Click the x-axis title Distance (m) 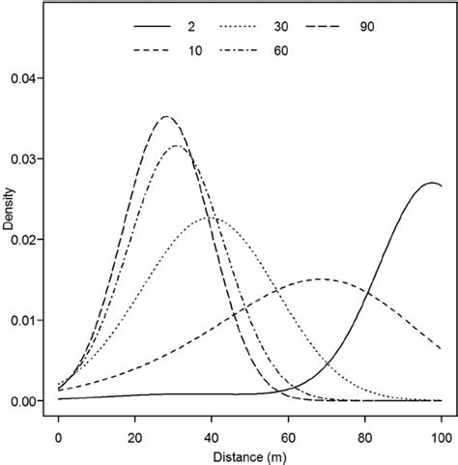click(249, 452)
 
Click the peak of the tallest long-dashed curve click(166, 116)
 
